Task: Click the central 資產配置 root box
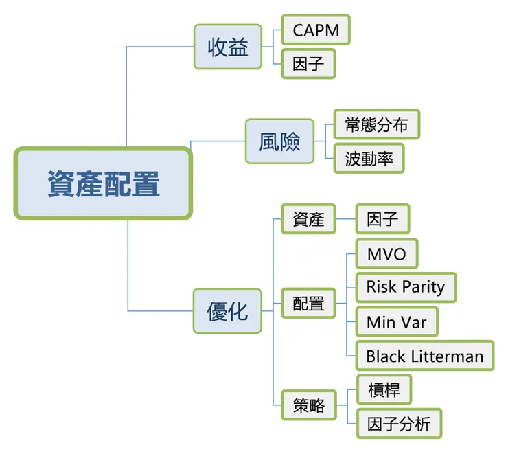[103, 183]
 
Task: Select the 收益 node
[227, 47]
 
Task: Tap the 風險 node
[279, 141]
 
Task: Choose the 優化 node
[227, 311]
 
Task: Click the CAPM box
[316, 31]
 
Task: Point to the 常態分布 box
[376, 125]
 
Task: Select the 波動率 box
[369, 159]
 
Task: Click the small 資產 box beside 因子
[308, 220]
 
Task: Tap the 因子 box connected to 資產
[382, 220]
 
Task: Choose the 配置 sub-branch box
[308, 303]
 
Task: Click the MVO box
[386, 254]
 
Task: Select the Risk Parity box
[405, 286]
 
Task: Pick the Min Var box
[396, 321]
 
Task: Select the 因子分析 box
[399, 423]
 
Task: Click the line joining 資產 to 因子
[345, 220]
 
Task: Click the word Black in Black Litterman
[385, 356]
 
